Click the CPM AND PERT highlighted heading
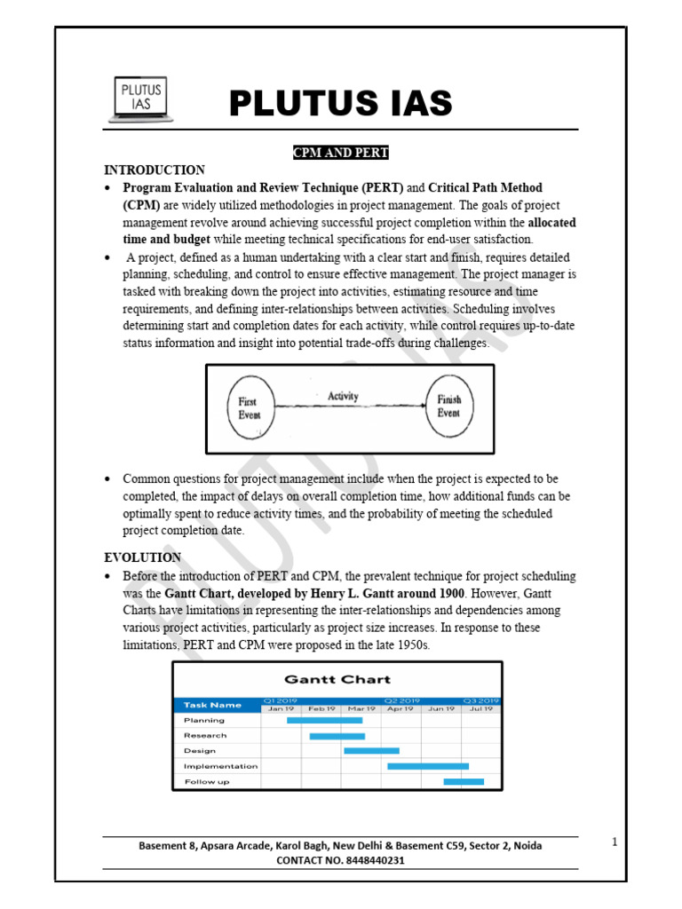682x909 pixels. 341,153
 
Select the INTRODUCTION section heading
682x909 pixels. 155,170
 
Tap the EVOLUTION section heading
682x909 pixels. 142,557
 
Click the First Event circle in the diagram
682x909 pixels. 248,407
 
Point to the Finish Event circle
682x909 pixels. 448,406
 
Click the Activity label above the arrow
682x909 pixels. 343,396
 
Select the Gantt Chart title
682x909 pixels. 337,679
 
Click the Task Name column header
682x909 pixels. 212,705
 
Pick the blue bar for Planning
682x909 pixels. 324,720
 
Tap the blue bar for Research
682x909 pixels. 337,736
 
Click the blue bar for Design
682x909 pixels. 371,751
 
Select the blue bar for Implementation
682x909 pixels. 428,766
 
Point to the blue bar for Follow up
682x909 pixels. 464,781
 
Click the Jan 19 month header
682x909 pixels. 281,708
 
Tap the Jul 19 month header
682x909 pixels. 481,708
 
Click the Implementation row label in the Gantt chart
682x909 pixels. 220,766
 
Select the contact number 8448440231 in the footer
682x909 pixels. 374,860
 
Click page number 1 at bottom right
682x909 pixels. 615,841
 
